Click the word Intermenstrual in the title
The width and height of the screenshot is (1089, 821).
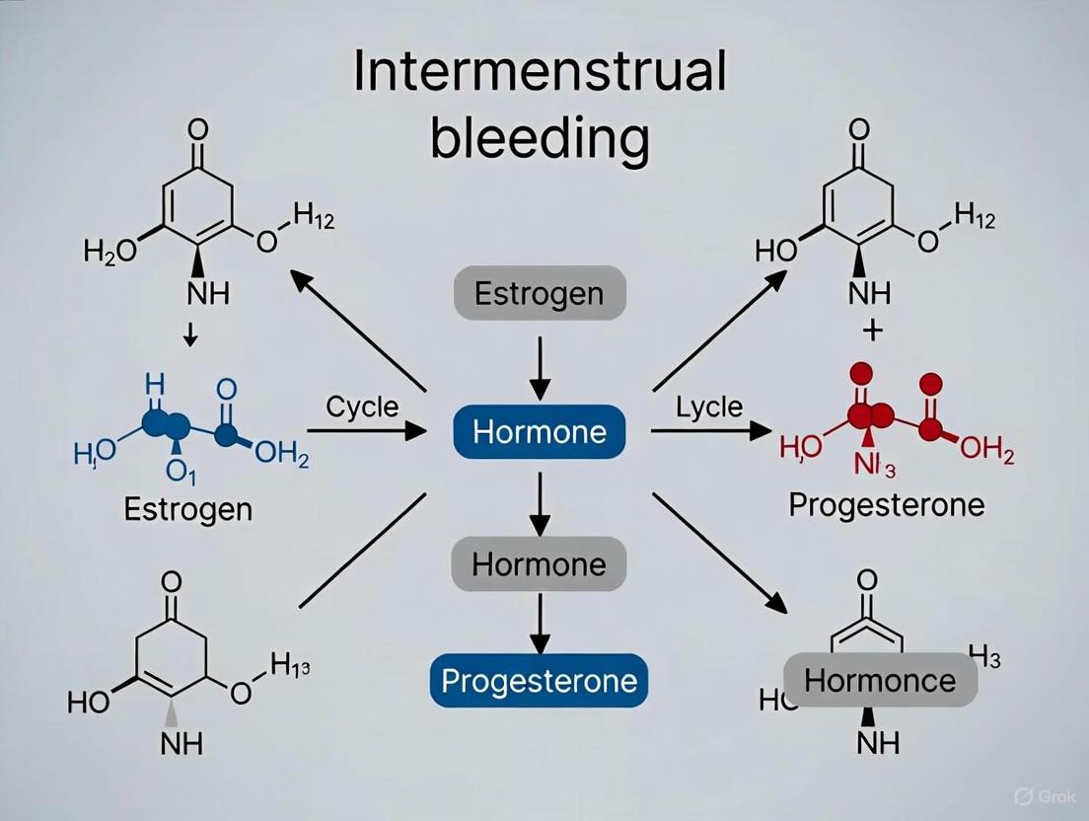coord(540,74)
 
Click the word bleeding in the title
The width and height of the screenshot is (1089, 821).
coord(540,139)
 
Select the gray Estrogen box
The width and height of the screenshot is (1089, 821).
coord(540,293)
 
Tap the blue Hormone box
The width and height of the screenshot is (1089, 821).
coord(540,431)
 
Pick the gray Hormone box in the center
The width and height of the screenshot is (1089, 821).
coord(539,564)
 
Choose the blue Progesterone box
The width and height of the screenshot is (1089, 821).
coord(539,680)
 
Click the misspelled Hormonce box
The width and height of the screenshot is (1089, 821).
coord(880,680)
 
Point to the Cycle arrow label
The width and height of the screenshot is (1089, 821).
coord(361,408)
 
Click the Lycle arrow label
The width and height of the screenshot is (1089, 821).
coord(709,408)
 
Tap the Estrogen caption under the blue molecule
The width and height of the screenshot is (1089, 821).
coord(188,509)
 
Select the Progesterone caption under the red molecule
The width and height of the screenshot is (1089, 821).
coord(886,505)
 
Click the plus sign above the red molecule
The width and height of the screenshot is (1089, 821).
coord(871,331)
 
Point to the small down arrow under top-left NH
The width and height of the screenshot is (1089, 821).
coord(190,338)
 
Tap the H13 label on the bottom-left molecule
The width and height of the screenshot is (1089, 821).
coord(290,666)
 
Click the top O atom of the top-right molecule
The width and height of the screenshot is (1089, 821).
coord(859,128)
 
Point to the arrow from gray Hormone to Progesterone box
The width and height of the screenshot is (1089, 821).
coord(539,622)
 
